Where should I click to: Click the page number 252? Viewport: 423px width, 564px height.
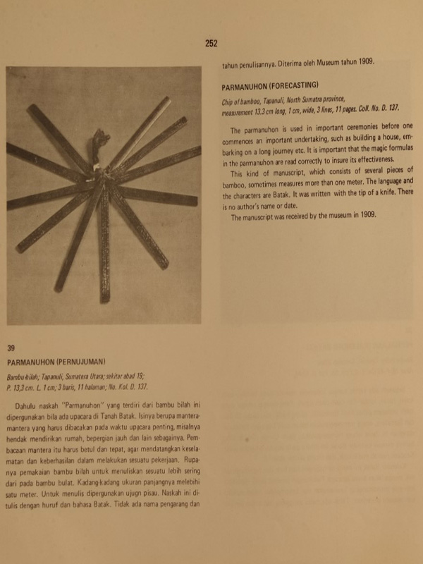(211, 43)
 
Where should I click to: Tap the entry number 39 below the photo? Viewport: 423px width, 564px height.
(11, 348)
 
